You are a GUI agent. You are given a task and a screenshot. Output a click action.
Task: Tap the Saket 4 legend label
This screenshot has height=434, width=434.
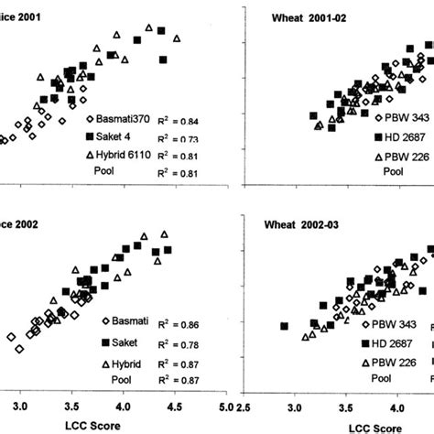tap(114, 136)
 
